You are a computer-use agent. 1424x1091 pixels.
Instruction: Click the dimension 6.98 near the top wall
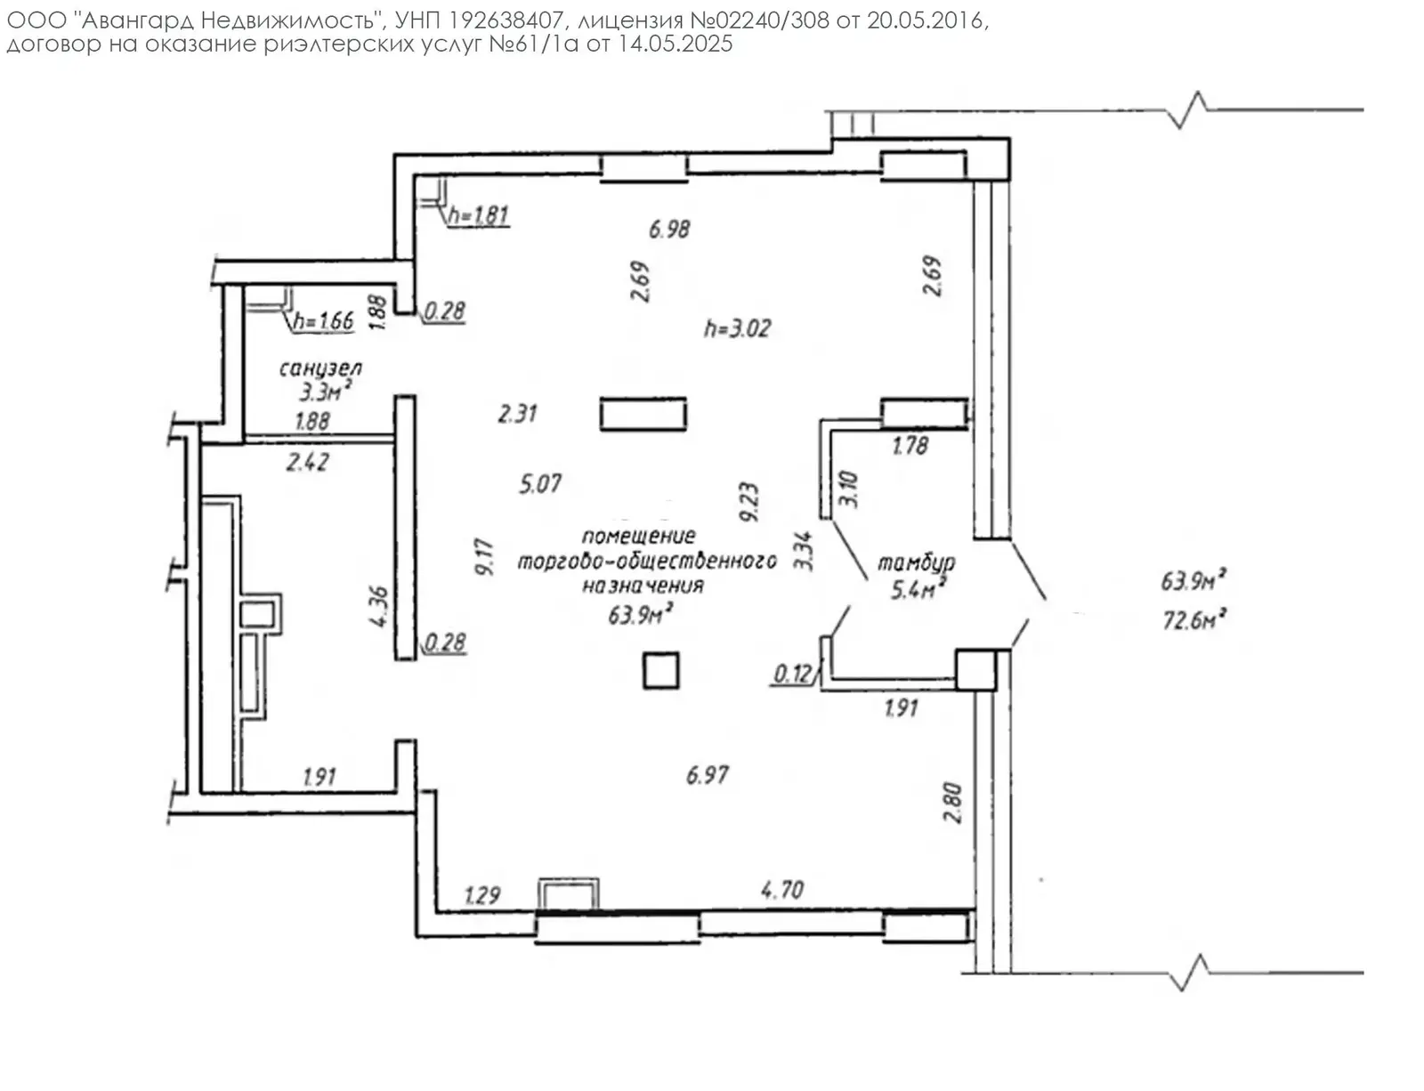pyautogui.click(x=669, y=229)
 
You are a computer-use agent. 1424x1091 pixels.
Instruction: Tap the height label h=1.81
pyautogui.click(x=479, y=214)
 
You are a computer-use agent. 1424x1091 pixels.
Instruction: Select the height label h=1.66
pyautogui.click(x=324, y=320)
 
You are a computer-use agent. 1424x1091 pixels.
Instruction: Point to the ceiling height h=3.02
pyautogui.click(x=737, y=328)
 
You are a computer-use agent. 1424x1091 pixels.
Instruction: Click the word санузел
pyautogui.click(x=320, y=368)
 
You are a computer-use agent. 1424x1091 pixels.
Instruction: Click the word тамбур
pyautogui.click(x=916, y=562)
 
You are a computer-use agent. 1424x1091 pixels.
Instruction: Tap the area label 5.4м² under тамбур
pyautogui.click(x=918, y=588)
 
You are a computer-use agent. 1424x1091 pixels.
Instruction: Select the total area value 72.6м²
pyautogui.click(x=1193, y=619)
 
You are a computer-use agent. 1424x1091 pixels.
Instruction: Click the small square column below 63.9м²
pyautogui.click(x=661, y=670)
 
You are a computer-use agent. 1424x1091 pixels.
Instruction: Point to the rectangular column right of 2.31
pyautogui.click(x=643, y=415)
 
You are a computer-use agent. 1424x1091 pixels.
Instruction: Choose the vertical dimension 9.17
pyautogui.click(x=485, y=557)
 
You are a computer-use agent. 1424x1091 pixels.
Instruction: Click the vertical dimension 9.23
pyautogui.click(x=748, y=502)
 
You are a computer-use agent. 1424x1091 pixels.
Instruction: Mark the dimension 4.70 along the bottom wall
pyautogui.click(x=782, y=890)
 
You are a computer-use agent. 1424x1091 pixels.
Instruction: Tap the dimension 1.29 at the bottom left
pyautogui.click(x=482, y=894)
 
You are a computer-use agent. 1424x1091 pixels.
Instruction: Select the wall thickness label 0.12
pyautogui.click(x=792, y=674)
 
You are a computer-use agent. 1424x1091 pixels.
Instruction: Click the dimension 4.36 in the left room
pyautogui.click(x=379, y=606)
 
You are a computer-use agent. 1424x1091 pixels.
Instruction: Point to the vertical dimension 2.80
pyautogui.click(x=952, y=802)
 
